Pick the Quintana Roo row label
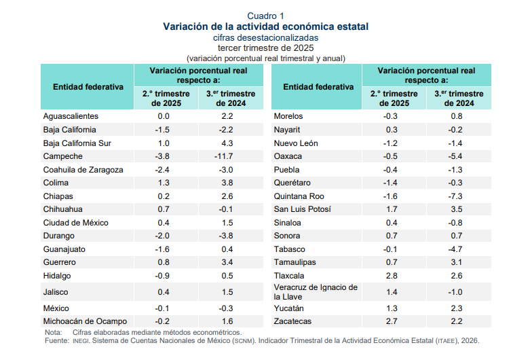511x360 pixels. click(x=298, y=196)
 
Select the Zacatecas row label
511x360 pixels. click(x=292, y=321)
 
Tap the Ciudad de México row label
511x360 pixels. click(x=76, y=223)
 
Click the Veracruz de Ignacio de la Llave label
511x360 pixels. click(x=315, y=291)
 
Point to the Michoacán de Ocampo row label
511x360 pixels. click(x=81, y=321)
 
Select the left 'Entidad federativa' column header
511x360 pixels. click(x=88, y=87)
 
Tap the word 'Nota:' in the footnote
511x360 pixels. click(x=53, y=332)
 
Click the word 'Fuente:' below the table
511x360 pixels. click(x=57, y=340)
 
